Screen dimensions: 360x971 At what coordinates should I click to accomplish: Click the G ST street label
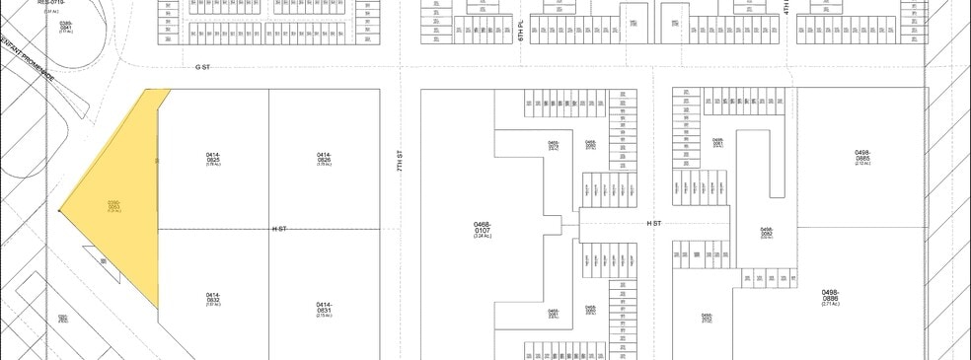click(204, 67)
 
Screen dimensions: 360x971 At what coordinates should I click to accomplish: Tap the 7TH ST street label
click(401, 161)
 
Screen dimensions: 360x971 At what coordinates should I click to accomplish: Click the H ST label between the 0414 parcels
click(279, 229)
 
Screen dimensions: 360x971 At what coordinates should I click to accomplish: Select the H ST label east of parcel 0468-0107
click(653, 224)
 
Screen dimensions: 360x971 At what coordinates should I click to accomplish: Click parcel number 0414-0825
click(213, 158)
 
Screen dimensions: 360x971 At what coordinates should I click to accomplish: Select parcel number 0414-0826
click(324, 158)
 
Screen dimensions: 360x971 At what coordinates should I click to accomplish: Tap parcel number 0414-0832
click(213, 297)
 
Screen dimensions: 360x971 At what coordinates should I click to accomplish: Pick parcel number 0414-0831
click(324, 307)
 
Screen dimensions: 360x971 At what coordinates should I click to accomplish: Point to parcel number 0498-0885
click(861, 156)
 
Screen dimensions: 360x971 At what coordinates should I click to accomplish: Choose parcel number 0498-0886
click(829, 295)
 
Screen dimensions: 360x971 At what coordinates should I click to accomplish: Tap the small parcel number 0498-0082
click(767, 232)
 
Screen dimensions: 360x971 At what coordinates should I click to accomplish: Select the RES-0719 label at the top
click(50, 3)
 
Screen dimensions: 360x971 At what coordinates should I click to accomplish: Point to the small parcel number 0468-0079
click(553, 144)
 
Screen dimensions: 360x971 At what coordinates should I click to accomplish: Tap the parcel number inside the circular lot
click(65, 26)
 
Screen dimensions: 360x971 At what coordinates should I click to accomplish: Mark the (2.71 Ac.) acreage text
click(829, 304)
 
